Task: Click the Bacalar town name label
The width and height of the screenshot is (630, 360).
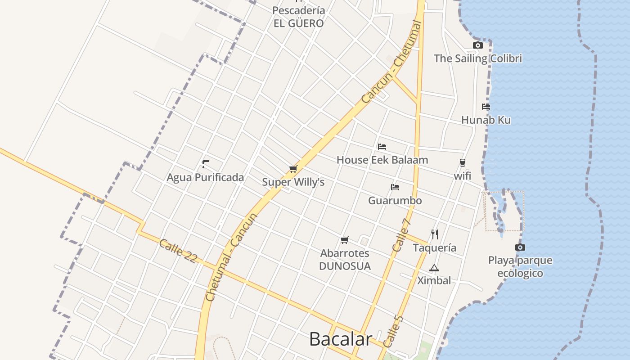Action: click(x=341, y=339)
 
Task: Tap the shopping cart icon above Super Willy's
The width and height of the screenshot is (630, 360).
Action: click(x=293, y=169)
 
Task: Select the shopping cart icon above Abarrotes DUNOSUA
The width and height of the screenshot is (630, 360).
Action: click(x=345, y=240)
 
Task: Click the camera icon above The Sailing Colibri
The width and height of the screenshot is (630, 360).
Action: click(x=478, y=45)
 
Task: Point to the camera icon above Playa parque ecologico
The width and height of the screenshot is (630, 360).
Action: click(x=520, y=247)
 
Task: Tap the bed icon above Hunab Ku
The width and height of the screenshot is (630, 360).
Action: click(x=486, y=107)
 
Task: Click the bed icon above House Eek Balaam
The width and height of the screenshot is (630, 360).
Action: click(x=382, y=146)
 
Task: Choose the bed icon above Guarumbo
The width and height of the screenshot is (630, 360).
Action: click(x=395, y=187)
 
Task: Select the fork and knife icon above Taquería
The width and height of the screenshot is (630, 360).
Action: click(x=434, y=234)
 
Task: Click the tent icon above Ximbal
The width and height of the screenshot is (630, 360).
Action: click(x=434, y=268)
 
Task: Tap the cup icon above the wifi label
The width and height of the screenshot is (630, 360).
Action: click(x=462, y=162)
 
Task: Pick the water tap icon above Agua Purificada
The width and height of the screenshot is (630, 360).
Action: click(x=206, y=164)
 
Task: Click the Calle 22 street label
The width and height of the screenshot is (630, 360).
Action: click(x=178, y=250)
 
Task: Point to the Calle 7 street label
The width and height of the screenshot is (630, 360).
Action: click(x=401, y=235)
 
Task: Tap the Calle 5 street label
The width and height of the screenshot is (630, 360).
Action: click(x=393, y=331)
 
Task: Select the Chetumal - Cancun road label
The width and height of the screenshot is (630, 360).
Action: click(x=231, y=256)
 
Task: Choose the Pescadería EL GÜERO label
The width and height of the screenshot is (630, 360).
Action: click(x=299, y=17)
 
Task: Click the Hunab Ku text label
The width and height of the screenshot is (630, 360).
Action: click(x=486, y=120)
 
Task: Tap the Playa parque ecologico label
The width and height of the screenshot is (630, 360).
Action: click(x=520, y=267)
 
